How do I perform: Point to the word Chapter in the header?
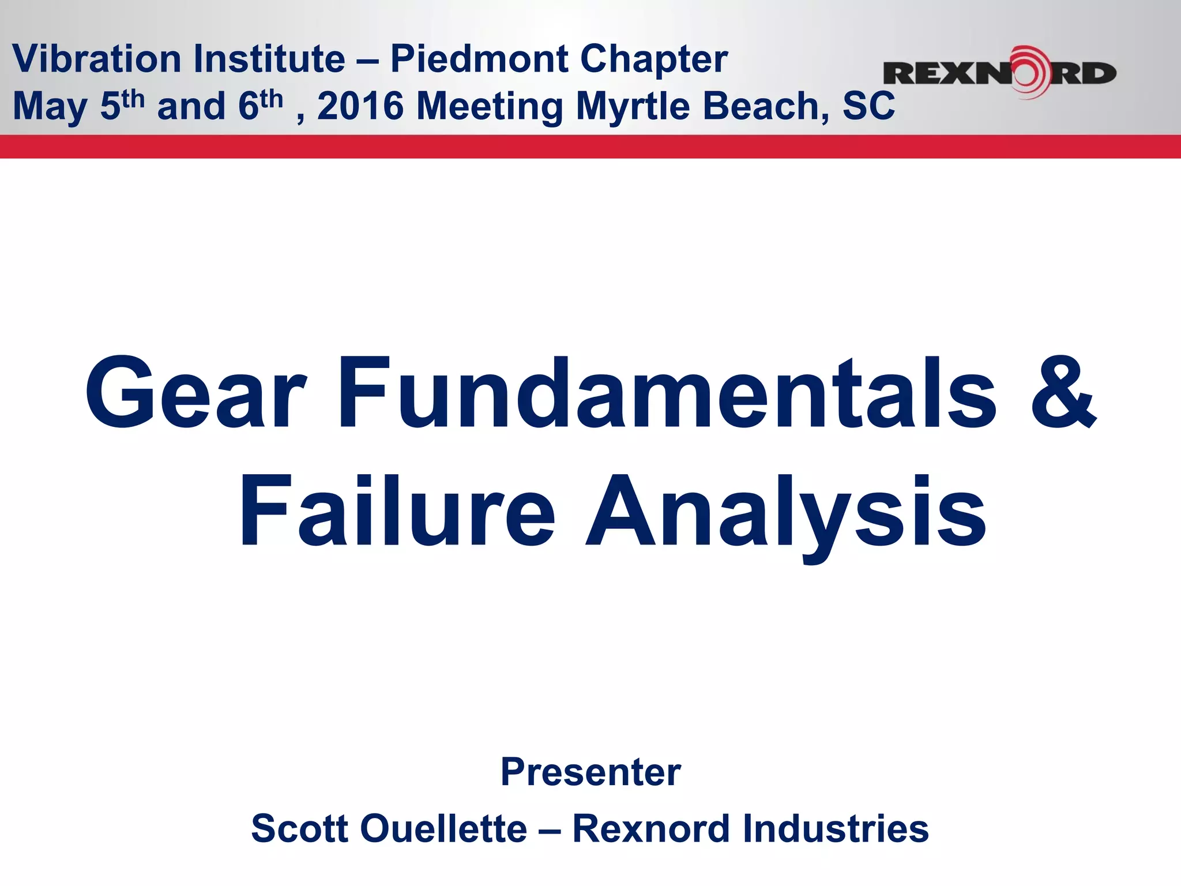click(x=654, y=59)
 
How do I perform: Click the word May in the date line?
click(x=50, y=107)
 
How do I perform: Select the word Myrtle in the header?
click(x=633, y=107)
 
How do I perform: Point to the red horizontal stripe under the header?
click(x=590, y=147)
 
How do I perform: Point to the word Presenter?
click(x=590, y=772)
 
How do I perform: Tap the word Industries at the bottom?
click(x=836, y=828)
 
